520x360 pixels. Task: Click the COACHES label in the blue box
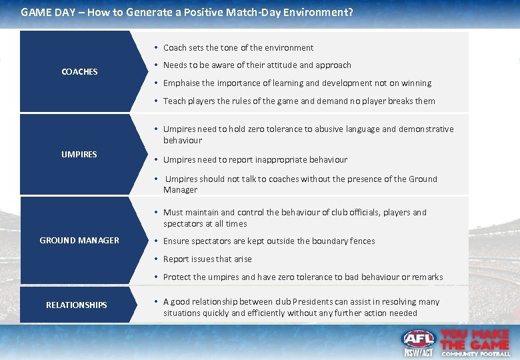point(79,71)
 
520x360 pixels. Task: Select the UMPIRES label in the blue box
point(79,154)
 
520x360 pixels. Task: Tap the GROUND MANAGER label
point(79,240)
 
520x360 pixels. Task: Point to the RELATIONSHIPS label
point(76,305)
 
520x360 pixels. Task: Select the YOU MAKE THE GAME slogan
point(475,339)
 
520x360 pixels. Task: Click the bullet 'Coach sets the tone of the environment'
point(238,47)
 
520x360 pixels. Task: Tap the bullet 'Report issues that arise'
point(207,259)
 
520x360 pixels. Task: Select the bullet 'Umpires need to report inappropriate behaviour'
point(255,159)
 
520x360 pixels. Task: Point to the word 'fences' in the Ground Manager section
point(361,241)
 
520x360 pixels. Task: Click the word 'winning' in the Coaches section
point(416,83)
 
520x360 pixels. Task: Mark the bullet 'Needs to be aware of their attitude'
point(257,65)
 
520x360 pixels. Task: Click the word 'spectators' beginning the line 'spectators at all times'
point(183,224)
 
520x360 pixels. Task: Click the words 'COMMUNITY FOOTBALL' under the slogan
point(476,354)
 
